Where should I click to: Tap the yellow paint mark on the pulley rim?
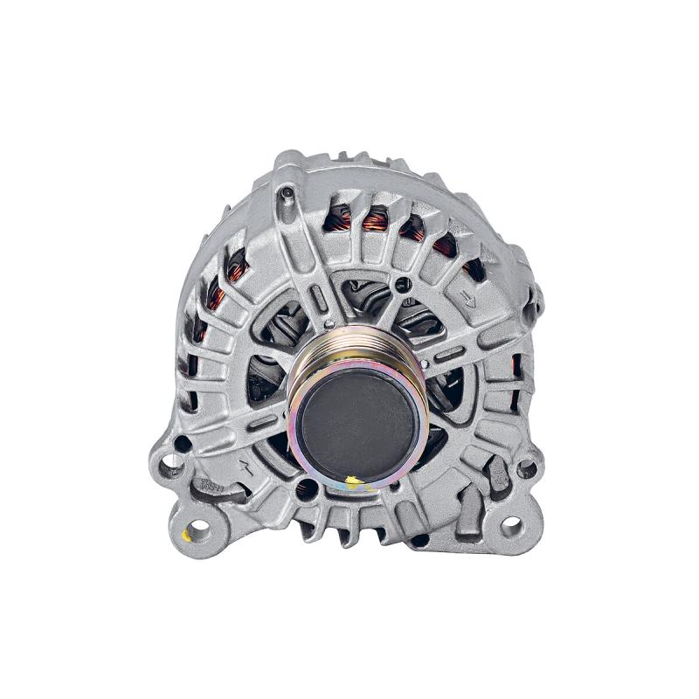(351, 481)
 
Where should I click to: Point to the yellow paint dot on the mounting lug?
(185, 535)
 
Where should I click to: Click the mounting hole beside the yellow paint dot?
(200, 528)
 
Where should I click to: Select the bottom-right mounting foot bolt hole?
(511, 526)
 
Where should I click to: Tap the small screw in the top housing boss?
(287, 193)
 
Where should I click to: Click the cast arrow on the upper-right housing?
(469, 301)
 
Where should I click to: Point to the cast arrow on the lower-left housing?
(247, 468)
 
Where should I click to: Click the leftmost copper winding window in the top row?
(337, 218)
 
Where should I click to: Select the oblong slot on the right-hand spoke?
(450, 354)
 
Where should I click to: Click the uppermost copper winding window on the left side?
(236, 260)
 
